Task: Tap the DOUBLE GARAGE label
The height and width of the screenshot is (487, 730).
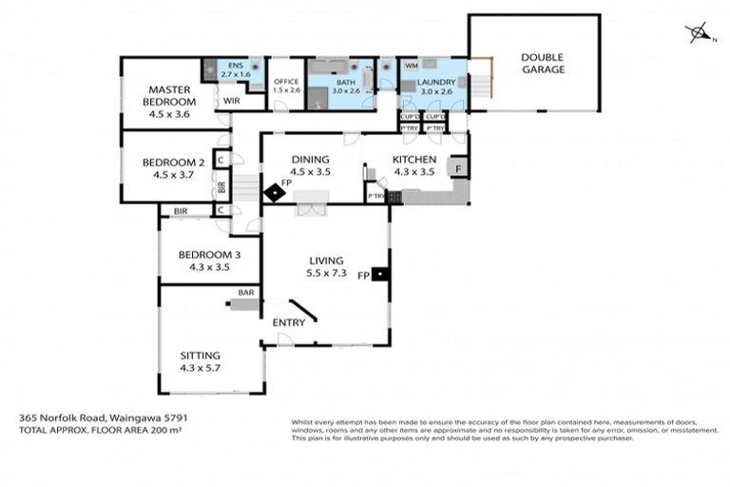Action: [x=542, y=63]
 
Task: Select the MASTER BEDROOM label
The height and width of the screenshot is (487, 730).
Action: [x=170, y=96]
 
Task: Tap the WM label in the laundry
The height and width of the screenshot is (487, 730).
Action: [x=411, y=66]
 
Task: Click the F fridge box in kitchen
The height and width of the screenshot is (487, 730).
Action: [x=458, y=167]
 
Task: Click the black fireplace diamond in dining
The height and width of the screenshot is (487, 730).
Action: [x=276, y=193]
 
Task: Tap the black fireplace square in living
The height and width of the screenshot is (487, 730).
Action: [x=380, y=275]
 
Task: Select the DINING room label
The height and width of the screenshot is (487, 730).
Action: [x=310, y=165]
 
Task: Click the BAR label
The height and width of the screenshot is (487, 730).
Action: [x=246, y=292]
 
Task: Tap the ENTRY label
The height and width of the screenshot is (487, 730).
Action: [x=289, y=322]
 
